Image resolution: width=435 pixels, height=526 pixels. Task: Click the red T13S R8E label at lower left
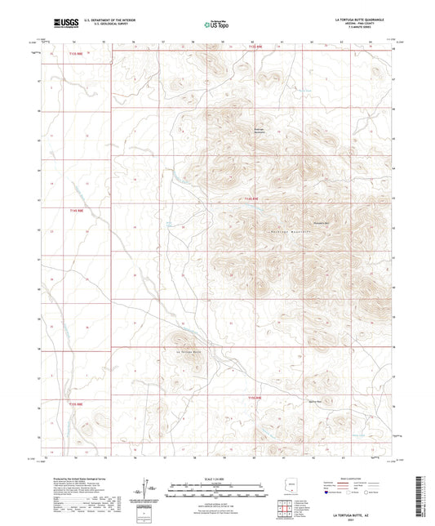coord(75,403)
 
